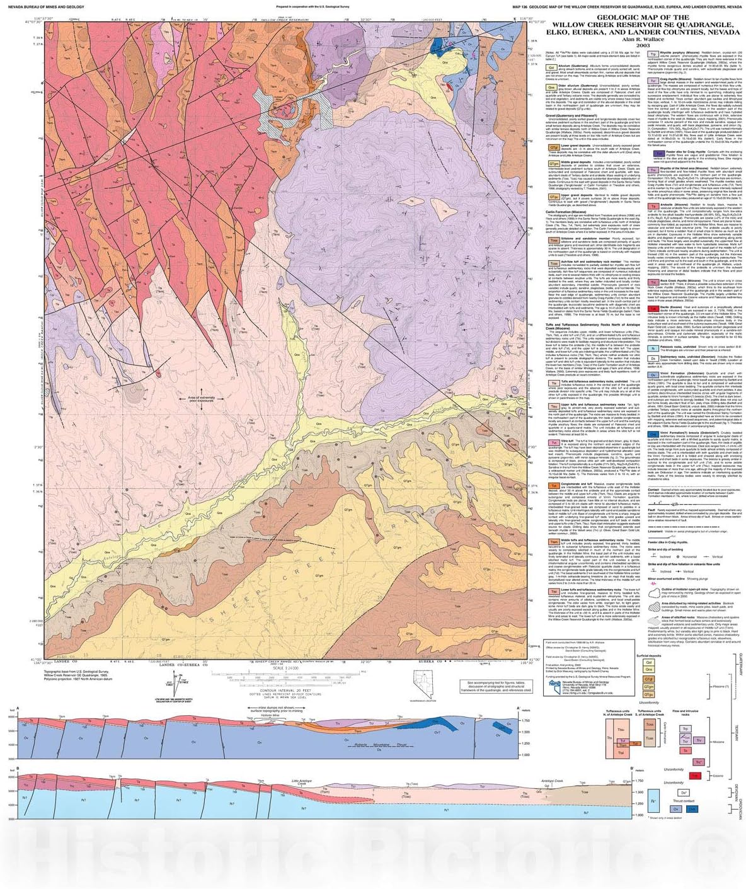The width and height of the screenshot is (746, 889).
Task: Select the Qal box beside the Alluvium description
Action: coord(551,66)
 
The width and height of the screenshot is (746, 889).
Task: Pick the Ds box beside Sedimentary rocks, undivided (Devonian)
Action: coord(654,358)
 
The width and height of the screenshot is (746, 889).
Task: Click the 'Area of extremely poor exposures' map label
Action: coord(201,398)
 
